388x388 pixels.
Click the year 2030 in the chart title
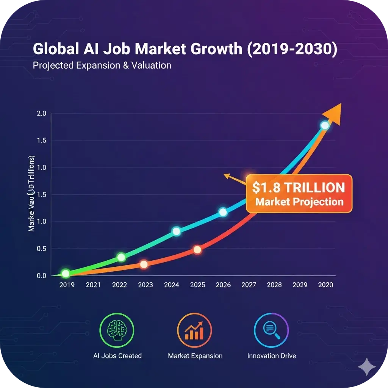316,50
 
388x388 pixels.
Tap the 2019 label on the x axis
67,285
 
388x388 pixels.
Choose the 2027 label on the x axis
249,285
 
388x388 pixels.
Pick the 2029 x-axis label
300,285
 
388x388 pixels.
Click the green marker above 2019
66,274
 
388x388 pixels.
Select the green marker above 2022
121,257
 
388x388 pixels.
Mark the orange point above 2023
144,264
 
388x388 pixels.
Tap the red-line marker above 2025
197,250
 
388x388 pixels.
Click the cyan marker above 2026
223,212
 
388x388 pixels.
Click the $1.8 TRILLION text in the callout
299,188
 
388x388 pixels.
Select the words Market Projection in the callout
299,201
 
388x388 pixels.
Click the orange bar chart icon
195,330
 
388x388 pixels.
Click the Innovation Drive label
272,356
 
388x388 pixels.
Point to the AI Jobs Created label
117,356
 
